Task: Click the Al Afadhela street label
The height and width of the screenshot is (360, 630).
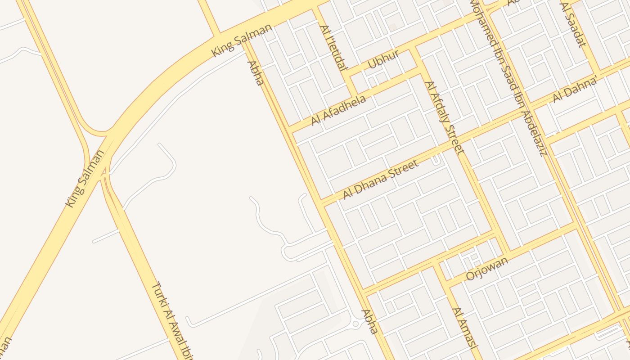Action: (x=338, y=111)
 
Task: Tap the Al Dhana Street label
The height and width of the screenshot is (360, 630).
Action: (x=381, y=179)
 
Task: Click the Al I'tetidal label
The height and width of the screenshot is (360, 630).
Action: (x=333, y=48)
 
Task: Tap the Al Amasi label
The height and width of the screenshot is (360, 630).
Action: (x=464, y=328)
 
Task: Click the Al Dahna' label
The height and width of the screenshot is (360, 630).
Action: (x=575, y=90)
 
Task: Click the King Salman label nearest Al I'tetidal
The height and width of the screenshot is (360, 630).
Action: (x=242, y=40)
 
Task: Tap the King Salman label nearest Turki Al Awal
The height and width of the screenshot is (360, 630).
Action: (x=85, y=178)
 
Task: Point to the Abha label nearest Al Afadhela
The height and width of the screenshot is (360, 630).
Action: (x=255, y=73)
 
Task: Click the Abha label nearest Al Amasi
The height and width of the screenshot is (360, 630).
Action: (x=369, y=321)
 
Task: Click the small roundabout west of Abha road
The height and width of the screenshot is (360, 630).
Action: (x=355, y=323)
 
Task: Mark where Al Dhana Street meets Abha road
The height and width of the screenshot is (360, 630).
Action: (x=322, y=202)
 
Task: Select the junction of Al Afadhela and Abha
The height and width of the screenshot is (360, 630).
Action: (x=290, y=129)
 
